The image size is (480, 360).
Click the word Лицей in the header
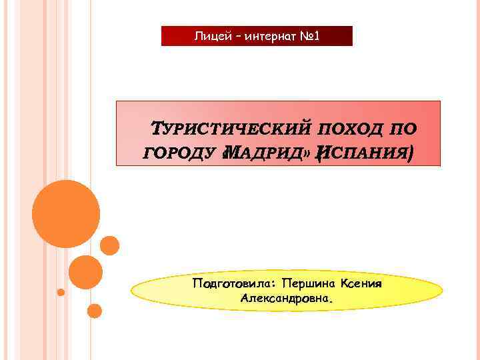pos(209,35)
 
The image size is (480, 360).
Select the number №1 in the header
pos(307,35)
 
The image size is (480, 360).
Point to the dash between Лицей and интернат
pos(230,36)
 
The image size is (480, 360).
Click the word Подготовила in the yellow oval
pos(233,284)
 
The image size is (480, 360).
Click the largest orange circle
pos(66,214)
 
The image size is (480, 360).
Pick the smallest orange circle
pos(61,292)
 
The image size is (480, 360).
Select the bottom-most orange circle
pos(95,311)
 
